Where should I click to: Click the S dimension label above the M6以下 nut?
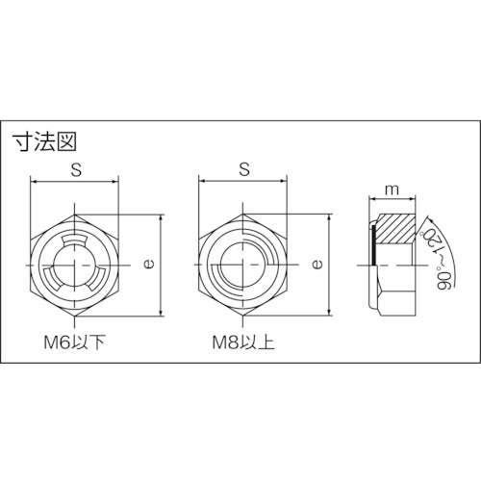pos(75,168)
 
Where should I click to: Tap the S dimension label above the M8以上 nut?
pos(243,168)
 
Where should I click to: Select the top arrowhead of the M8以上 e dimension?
pos(329,216)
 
